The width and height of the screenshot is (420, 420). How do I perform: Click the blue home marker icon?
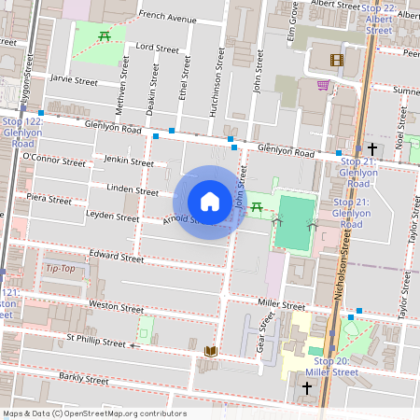coord(210,202)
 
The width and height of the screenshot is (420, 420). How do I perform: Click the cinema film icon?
coord(336,61)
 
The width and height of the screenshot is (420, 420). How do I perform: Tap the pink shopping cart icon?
coord(323,85)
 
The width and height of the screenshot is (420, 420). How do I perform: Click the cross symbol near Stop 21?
coord(372,148)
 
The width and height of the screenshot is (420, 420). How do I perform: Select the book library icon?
coord(211,351)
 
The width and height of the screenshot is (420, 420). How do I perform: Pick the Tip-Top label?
coord(61,268)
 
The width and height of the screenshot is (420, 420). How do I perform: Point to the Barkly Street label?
coord(84,378)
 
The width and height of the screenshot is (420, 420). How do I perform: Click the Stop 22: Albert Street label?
coord(378,19)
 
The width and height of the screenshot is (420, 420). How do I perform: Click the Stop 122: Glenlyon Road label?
coord(22,133)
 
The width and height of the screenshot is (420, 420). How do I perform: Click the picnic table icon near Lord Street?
coord(104,35)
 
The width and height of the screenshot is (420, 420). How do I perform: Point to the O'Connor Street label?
coord(59,160)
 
